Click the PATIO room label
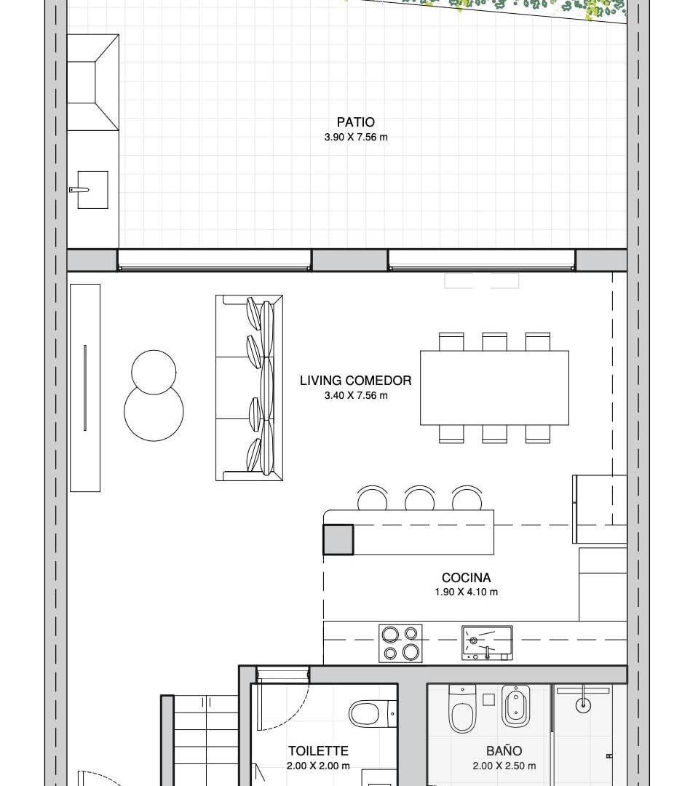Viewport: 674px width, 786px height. (355, 122)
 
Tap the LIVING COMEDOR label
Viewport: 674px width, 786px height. (355, 381)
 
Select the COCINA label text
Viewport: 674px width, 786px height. (467, 577)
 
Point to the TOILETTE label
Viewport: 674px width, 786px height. (318, 750)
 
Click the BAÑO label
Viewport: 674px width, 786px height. (504, 750)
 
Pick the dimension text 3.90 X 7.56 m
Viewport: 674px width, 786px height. (356, 137)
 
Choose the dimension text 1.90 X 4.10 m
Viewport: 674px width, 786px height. (467, 592)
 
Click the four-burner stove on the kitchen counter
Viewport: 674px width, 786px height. (400, 643)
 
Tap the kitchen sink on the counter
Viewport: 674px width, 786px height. (487, 643)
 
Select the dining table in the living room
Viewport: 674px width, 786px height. (494, 388)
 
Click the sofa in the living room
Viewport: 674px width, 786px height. (249, 388)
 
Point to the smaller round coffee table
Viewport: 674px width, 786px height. (154, 372)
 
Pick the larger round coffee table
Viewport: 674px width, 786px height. (154, 411)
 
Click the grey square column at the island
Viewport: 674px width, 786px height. (338, 539)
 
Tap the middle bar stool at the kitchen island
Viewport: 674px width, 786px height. (420, 498)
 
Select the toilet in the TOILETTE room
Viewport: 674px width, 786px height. (373, 713)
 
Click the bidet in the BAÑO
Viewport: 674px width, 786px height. (515, 705)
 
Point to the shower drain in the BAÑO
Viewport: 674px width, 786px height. (583, 705)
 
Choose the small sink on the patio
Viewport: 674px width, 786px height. (92, 189)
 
